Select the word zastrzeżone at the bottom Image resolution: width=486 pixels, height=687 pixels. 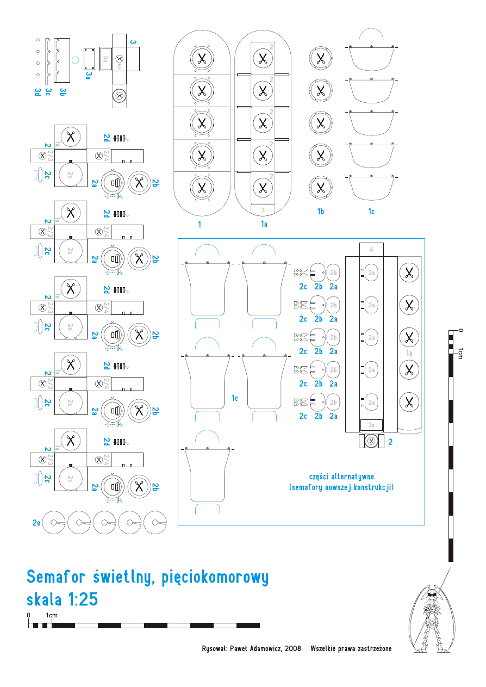tap(371, 648)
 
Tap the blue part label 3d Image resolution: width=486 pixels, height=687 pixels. tap(38, 93)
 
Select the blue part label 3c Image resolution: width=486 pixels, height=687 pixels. tap(48, 93)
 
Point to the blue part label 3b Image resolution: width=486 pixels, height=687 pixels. tap(63, 93)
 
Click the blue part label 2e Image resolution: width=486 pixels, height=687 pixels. tap(36, 523)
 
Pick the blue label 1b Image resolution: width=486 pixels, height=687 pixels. tap(321, 212)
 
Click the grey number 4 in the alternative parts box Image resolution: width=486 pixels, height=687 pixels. tap(371, 250)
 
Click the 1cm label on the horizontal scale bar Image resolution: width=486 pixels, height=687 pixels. tap(52, 615)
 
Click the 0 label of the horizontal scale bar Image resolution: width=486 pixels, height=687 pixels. tap(29, 615)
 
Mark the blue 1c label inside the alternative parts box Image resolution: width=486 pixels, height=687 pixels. tap(235, 398)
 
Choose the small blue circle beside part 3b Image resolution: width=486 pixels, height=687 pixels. tap(76, 59)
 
